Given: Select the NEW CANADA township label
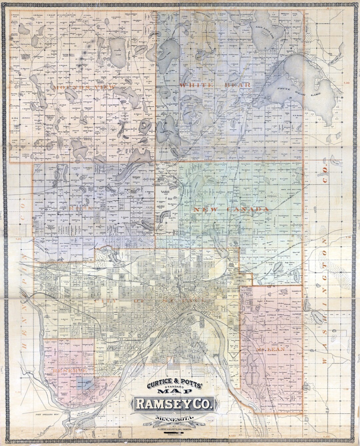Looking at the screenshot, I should coord(231,209).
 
